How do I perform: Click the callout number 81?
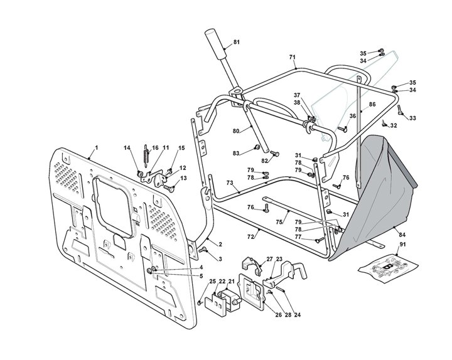point(237,42)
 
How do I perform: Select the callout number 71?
point(293,57)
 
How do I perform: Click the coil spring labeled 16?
point(146,155)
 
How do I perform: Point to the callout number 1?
point(97,148)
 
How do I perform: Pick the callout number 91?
point(402,244)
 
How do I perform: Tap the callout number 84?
point(402,235)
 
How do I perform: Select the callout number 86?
point(372,104)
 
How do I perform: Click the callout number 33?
point(413,118)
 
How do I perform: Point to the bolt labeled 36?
point(343,130)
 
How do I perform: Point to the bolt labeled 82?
point(275,154)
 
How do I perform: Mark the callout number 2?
point(220,245)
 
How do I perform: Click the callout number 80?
point(236,131)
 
